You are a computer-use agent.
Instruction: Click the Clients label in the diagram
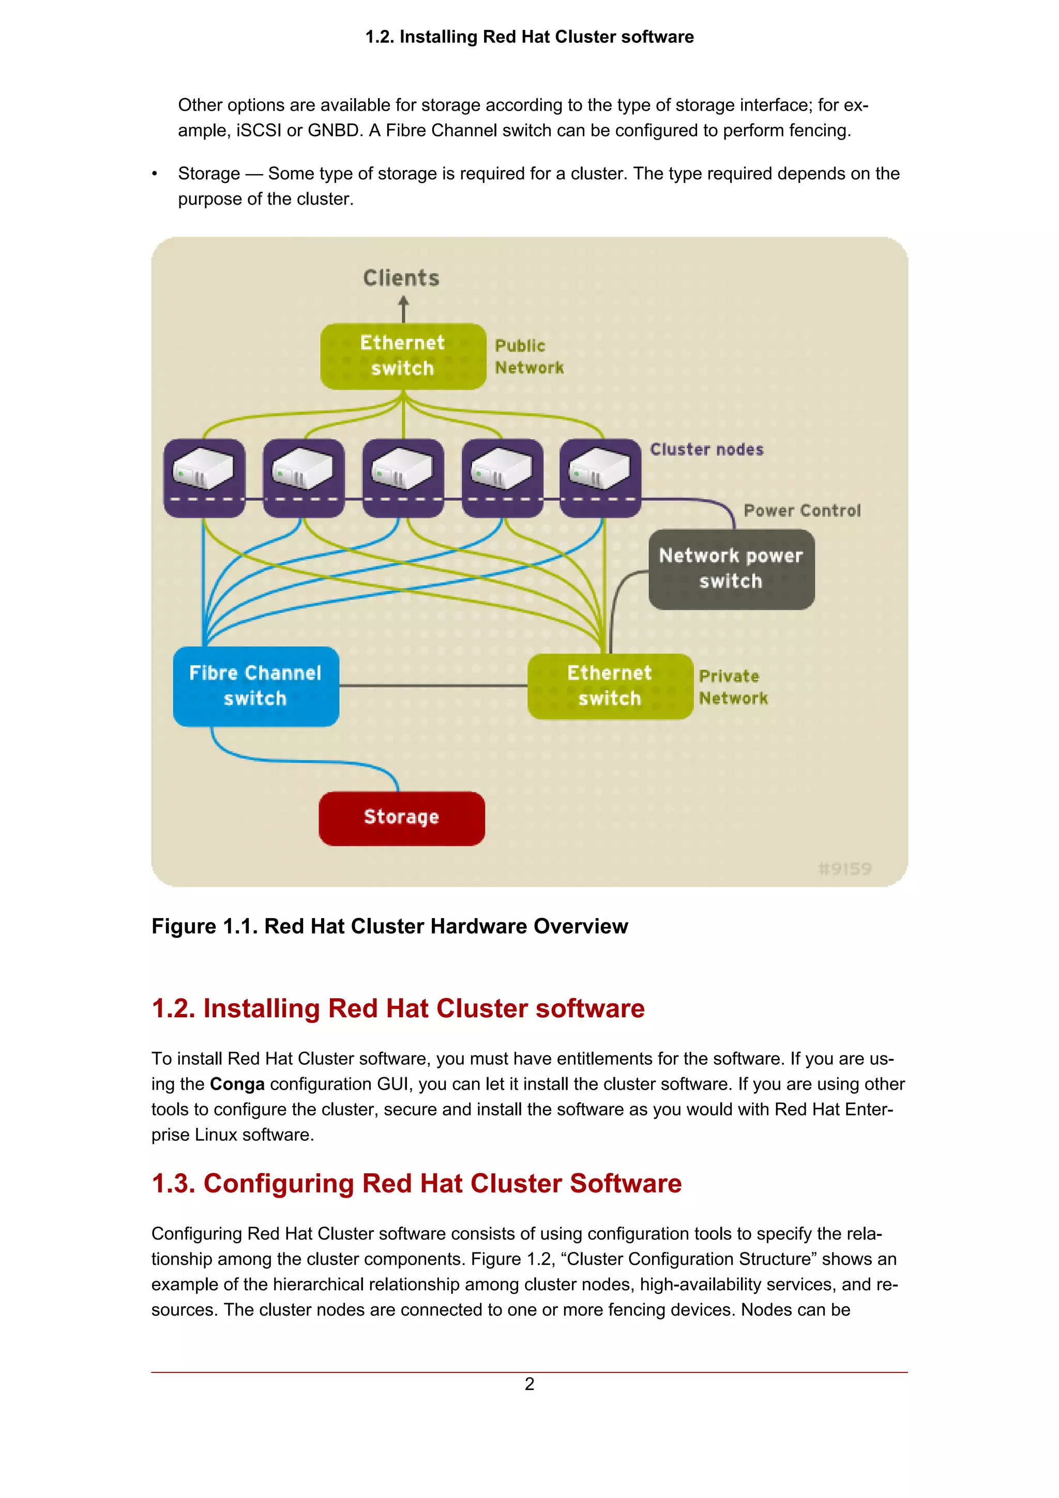coord(401,279)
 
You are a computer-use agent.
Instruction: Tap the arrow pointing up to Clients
coord(403,309)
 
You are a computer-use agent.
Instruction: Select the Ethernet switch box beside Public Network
coord(403,356)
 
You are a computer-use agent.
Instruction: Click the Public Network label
coord(528,356)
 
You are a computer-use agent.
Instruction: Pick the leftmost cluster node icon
coord(204,477)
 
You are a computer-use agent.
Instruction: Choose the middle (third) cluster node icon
coord(403,477)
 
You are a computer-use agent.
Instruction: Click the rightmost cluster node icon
coord(600,477)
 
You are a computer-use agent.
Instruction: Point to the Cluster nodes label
coord(707,450)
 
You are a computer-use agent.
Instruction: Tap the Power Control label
coord(802,511)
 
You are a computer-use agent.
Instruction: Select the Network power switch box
coord(731,569)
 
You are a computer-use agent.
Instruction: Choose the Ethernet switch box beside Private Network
coord(610,686)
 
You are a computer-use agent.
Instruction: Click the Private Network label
coord(733,687)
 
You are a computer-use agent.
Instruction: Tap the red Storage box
coord(401,818)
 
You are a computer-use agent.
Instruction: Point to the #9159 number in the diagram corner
coord(844,868)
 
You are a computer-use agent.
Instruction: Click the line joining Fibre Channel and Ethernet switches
coord(433,686)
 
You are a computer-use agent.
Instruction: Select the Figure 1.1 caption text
coord(389,926)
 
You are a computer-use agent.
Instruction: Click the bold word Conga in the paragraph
coord(237,1084)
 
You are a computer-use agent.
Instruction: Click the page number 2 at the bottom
coord(529,1384)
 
